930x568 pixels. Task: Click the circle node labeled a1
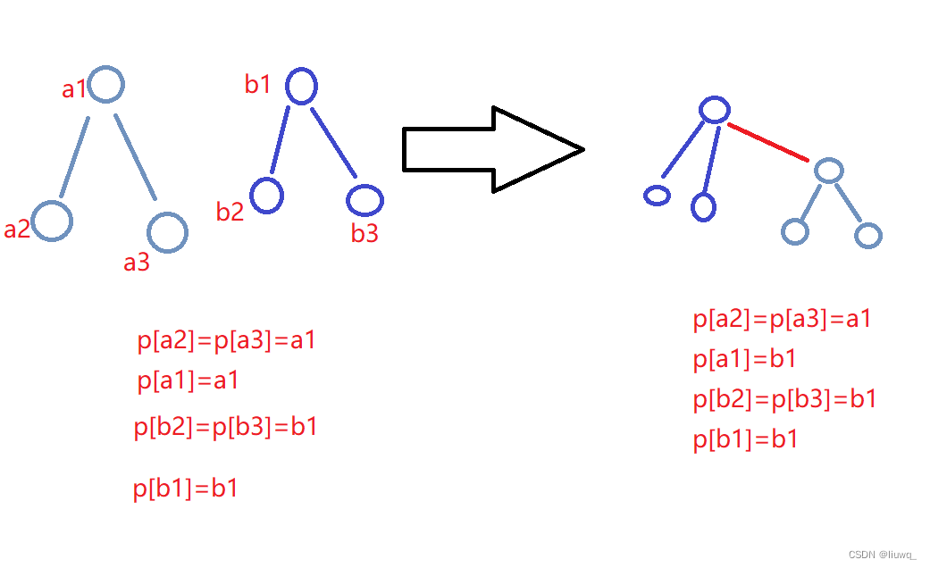click(105, 86)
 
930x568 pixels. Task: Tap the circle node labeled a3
click(167, 233)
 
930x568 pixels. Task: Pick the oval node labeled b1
click(302, 87)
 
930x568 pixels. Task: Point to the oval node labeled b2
click(267, 195)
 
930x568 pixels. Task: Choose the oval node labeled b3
click(364, 200)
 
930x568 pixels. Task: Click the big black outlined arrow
click(492, 149)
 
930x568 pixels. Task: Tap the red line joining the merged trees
click(768, 143)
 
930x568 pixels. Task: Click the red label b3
click(364, 234)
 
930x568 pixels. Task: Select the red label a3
click(137, 263)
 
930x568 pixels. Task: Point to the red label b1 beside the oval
click(258, 85)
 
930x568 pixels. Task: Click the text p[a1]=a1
click(189, 381)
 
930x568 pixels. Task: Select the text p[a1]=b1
click(745, 359)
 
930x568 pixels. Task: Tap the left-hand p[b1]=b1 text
click(186, 489)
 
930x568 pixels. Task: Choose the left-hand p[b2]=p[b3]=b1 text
click(226, 427)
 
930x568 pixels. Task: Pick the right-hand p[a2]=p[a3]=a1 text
click(782, 319)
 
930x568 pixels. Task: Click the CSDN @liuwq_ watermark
click(882, 554)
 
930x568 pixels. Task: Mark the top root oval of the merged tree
click(715, 110)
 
